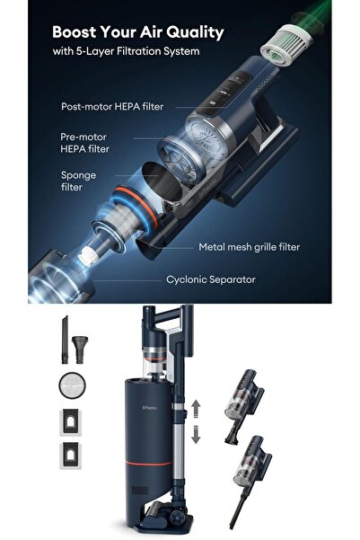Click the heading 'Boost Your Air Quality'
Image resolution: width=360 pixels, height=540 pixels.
[x=138, y=32]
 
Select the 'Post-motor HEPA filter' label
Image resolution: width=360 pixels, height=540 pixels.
[x=112, y=106]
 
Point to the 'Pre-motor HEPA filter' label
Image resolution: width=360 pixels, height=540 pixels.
[x=85, y=143]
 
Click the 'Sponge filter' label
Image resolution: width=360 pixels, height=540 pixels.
[x=78, y=181]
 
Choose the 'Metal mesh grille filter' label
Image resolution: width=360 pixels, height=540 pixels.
[x=250, y=247]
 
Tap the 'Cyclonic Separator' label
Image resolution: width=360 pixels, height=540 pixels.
[x=211, y=279]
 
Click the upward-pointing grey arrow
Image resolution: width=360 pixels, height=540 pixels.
[x=196, y=409]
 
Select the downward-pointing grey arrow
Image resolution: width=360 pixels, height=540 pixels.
[x=196, y=434]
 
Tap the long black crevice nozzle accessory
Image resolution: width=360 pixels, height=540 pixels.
[x=65, y=340]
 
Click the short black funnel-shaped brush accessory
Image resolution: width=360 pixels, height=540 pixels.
[x=80, y=350]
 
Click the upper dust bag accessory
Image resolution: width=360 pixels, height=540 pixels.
[x=71, y=422]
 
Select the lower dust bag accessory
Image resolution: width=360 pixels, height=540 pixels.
[x=71, y=456]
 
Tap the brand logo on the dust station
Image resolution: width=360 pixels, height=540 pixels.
[x=149, y=408]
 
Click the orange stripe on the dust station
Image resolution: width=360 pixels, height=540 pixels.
[x=148, y=464]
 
